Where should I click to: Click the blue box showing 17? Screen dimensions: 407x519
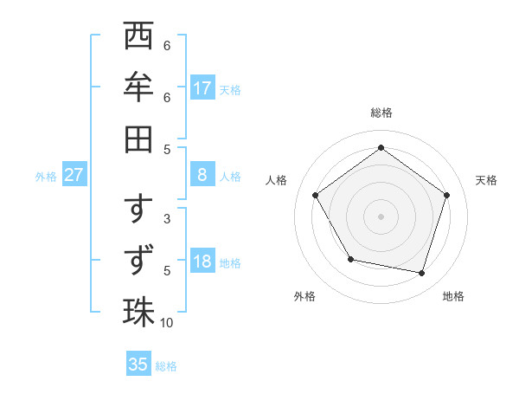coord(202,87)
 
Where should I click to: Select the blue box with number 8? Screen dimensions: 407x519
coord(202,175)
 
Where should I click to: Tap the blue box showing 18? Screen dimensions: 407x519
coord(202,262)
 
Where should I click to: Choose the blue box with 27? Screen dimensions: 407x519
coord(74,175)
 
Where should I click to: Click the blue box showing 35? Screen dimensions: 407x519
coord(138,365)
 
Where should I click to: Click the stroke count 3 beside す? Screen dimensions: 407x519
coord(167,219)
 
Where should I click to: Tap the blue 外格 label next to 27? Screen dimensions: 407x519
coord(46,176)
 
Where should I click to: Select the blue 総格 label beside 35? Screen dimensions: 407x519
coord(166,365)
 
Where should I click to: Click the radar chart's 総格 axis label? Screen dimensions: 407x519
coord(381,113)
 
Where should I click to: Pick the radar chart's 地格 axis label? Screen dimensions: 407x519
coord(453,296)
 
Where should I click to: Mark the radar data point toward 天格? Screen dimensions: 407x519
coord(447,195)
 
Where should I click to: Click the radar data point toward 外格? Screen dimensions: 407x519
coord(350,259)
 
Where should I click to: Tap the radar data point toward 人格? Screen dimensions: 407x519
coord(316,195)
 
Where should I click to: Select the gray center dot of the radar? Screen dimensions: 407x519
coord(381,216)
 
